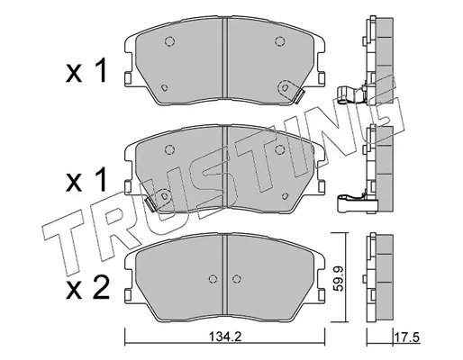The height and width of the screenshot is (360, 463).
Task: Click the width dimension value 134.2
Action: [225, 337]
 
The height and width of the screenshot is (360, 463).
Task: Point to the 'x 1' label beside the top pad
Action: [86, 70]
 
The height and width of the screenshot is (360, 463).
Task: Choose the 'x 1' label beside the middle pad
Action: [86, 180]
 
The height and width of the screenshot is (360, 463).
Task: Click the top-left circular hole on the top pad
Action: [169, 41]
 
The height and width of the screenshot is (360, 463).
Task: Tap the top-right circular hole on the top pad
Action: [279, 41]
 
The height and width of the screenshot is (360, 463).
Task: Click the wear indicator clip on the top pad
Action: [299, 96]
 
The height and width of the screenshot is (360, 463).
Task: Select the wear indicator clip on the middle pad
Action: [150, 204]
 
